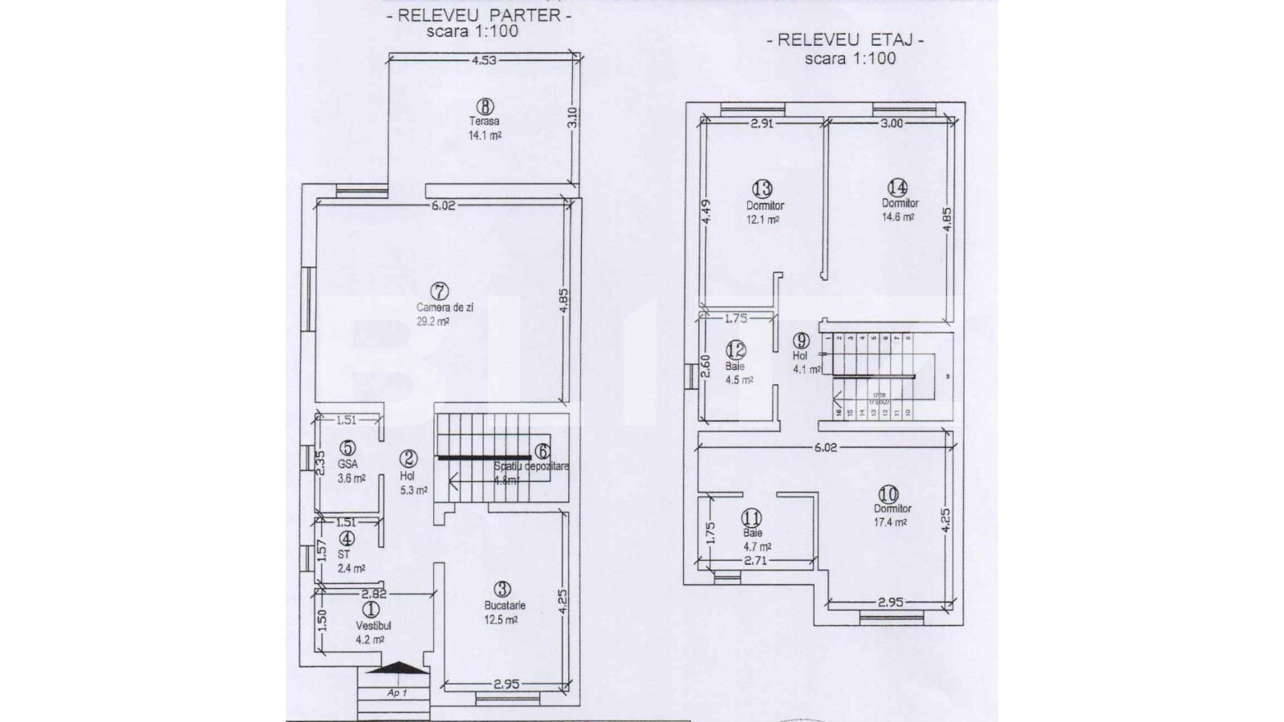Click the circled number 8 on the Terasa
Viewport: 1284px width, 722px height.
(x=484, y=106)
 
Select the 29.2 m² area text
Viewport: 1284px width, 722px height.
(x=433, y=321)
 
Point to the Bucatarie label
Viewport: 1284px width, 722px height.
(x=505, y=606)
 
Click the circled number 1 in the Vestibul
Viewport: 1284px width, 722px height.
(x=372, y=610)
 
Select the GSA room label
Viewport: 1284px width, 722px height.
(x=347, y=464)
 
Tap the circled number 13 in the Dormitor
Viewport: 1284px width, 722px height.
(x=762, y=189)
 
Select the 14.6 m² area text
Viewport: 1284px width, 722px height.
(x=898, y=217)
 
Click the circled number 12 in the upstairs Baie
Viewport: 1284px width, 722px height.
(x=736, y=350)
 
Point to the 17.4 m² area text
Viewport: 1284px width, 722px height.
(x=890, y=522)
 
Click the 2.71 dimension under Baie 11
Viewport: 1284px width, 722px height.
(x=755, y=561)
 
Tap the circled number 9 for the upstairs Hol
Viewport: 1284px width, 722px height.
(x=801, y=340)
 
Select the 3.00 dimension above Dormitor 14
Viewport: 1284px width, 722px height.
(x=892, y=124)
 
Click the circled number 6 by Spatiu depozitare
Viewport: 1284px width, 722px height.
(x=542, y=452)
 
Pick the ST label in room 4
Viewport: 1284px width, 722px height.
(x=343, y=554)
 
